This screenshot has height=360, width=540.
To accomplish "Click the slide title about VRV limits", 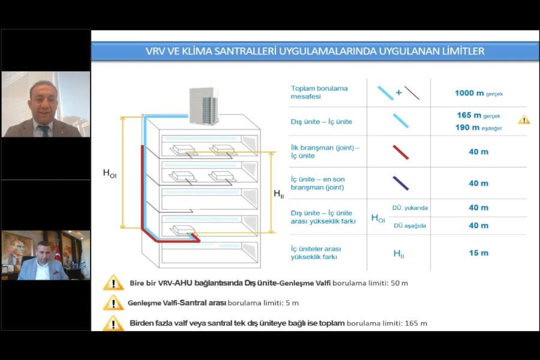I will pyautogui.click(x=315, y=51).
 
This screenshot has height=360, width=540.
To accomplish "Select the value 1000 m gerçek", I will pyautogui.click(x=478, y=93).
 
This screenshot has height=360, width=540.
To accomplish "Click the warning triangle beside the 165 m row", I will pyautogui.click(x=524, y=120).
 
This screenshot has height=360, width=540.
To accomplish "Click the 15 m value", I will pyautogui.click(x=478, y=253).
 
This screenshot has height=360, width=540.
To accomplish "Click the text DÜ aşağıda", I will pyautogui.click(x=410, y=226).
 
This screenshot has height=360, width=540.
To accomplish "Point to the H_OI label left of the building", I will pyautogui.click(x=109, y=173).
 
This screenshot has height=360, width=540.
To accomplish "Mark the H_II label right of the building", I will pyautogui.click(x=279, y=193).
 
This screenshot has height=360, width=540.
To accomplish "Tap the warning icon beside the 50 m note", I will pyautogui.click(x=113, y=283).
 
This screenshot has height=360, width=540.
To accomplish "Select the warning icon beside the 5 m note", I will pyautogui.click(x=113, y=303).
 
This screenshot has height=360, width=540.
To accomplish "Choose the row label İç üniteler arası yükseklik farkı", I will pyautogui.click(x=317, y=253).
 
